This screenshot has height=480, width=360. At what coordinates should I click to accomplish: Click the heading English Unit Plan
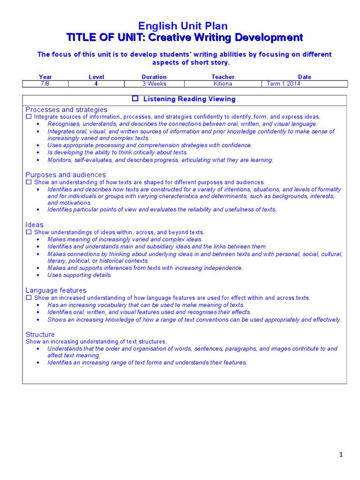pos(184,26)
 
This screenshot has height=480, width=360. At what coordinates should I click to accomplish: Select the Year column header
pos(45,77)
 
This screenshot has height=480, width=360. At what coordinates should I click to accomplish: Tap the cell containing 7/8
pos(45,84)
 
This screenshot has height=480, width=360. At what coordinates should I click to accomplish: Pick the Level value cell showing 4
pos(96,84)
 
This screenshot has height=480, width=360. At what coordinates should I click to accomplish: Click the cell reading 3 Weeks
pos(154,84)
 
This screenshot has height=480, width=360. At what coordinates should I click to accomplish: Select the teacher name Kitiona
pos(223,84)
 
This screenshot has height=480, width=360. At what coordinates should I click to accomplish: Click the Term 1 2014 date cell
pos(284,84)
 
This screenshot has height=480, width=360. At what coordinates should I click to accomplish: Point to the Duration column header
pos(154,77)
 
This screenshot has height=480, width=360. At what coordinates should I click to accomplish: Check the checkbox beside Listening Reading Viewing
pos(135,99)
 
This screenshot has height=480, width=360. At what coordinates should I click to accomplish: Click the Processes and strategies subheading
pos(66,110)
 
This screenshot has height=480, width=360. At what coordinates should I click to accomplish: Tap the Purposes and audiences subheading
pos(66,175)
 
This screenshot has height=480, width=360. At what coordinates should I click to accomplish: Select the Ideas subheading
pos(34,225)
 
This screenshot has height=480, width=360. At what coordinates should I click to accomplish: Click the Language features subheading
pos(56,291)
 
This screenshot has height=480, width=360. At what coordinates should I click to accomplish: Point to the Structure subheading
pos(40,335)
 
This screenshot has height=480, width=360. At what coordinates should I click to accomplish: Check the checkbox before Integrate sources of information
pos(29,117)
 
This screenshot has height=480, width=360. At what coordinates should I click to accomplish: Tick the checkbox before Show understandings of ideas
pos(29,232)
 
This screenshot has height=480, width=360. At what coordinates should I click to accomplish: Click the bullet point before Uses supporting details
pos(38,276)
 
